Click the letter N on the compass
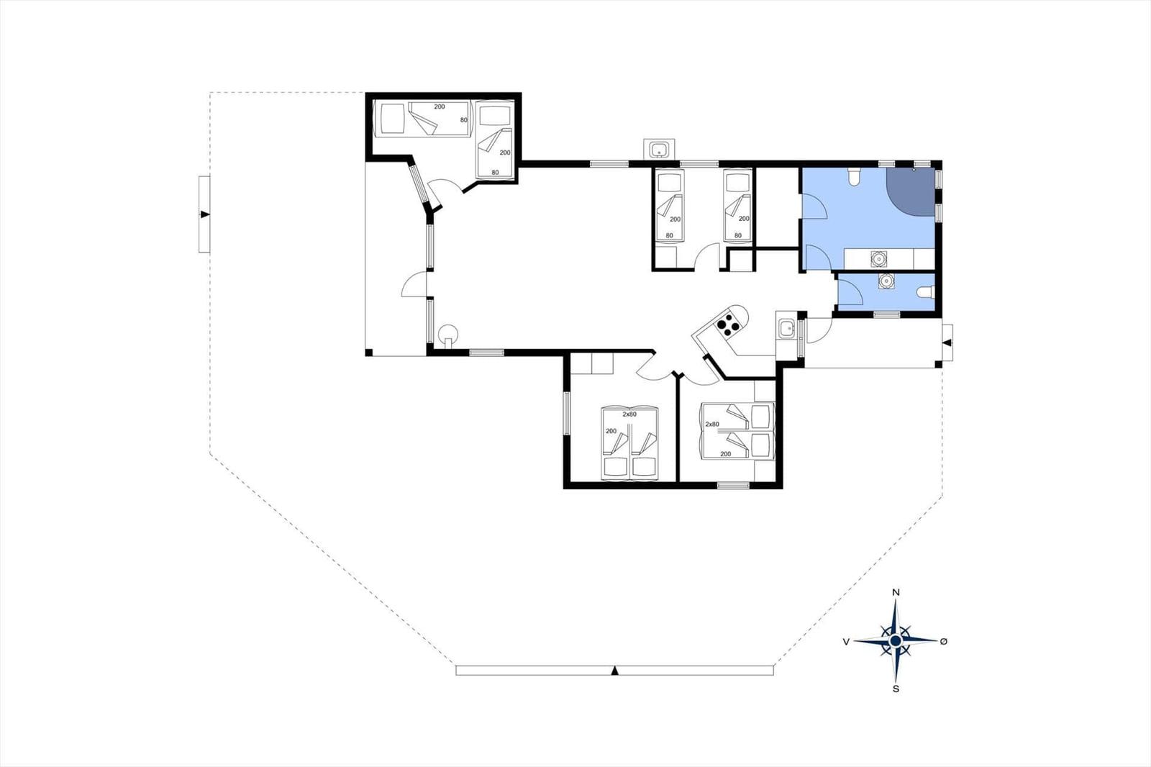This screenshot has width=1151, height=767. (896, 593)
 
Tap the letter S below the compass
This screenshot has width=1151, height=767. (896, 689)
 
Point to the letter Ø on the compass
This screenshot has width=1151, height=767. (943, 641)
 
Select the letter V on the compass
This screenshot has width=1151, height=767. (847, 641)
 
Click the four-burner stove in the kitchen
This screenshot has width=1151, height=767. (728, 325)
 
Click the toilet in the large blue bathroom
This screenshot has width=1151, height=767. (853, 176)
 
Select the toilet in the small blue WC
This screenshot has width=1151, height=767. (925, 292)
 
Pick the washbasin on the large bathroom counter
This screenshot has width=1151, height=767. (878, 258)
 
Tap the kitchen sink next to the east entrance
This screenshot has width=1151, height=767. (785, 330)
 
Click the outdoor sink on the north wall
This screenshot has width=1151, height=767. (659, 150)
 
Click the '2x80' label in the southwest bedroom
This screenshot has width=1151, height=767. (629, 414)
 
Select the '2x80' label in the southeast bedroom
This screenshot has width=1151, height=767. (712, 425)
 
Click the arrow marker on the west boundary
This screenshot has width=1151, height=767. (205, 214)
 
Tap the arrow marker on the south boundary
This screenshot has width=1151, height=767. (614, 671)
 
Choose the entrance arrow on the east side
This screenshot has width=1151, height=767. (947, 342)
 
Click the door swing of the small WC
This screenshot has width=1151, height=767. (851, 293)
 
